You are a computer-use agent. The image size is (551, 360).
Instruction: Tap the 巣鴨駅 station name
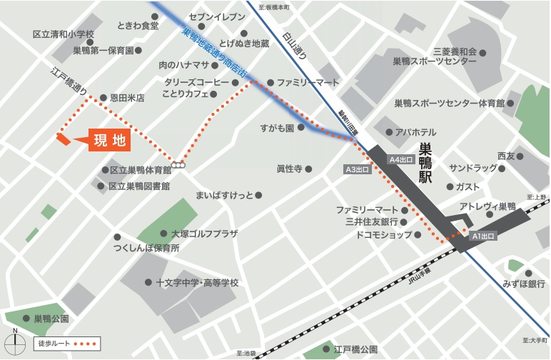tap(426, 163)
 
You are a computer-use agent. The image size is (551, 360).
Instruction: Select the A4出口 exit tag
tap(401, 159)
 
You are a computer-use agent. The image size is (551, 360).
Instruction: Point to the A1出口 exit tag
tap(482, 235)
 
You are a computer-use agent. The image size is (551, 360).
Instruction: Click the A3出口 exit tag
tap(357, 170)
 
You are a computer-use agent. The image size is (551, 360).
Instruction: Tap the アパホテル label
tap(415, 132)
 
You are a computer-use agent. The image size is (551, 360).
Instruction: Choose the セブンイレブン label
tap(217, 16)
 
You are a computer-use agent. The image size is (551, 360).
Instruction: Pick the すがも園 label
tap(277, 128)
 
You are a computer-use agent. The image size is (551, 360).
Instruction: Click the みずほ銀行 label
tap(524, 284)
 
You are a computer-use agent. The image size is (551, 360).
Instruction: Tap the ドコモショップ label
tap(384, 234)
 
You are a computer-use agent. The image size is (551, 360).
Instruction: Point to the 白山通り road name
tap(293, 46)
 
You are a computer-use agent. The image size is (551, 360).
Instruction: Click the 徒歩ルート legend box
tap(66, 344)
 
